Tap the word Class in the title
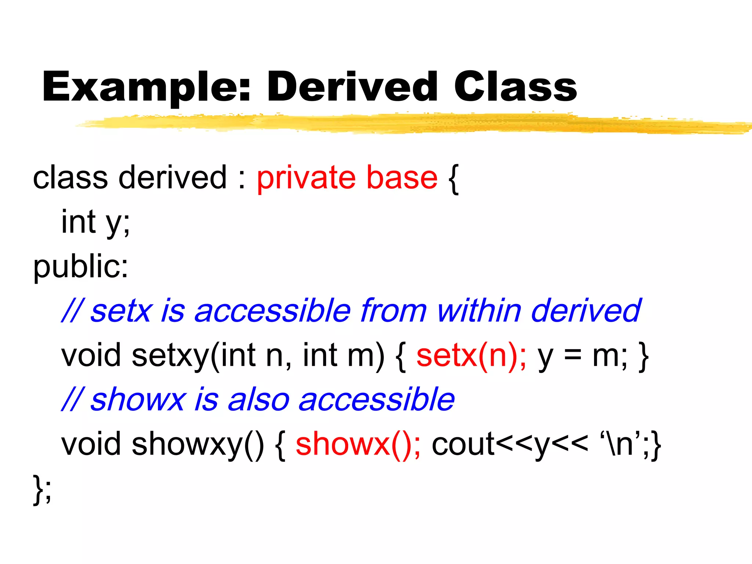(x=515, y=87)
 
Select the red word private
(x=306, y=178)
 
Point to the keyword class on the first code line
(x=70, y=178)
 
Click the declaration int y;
(x=95, y=223)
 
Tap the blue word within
(x=479, y=311)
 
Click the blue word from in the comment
(x=394, y=311)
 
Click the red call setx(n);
(x=471, y=355)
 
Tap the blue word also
(x=259, y=399)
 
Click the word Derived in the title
(x=352, y=87)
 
